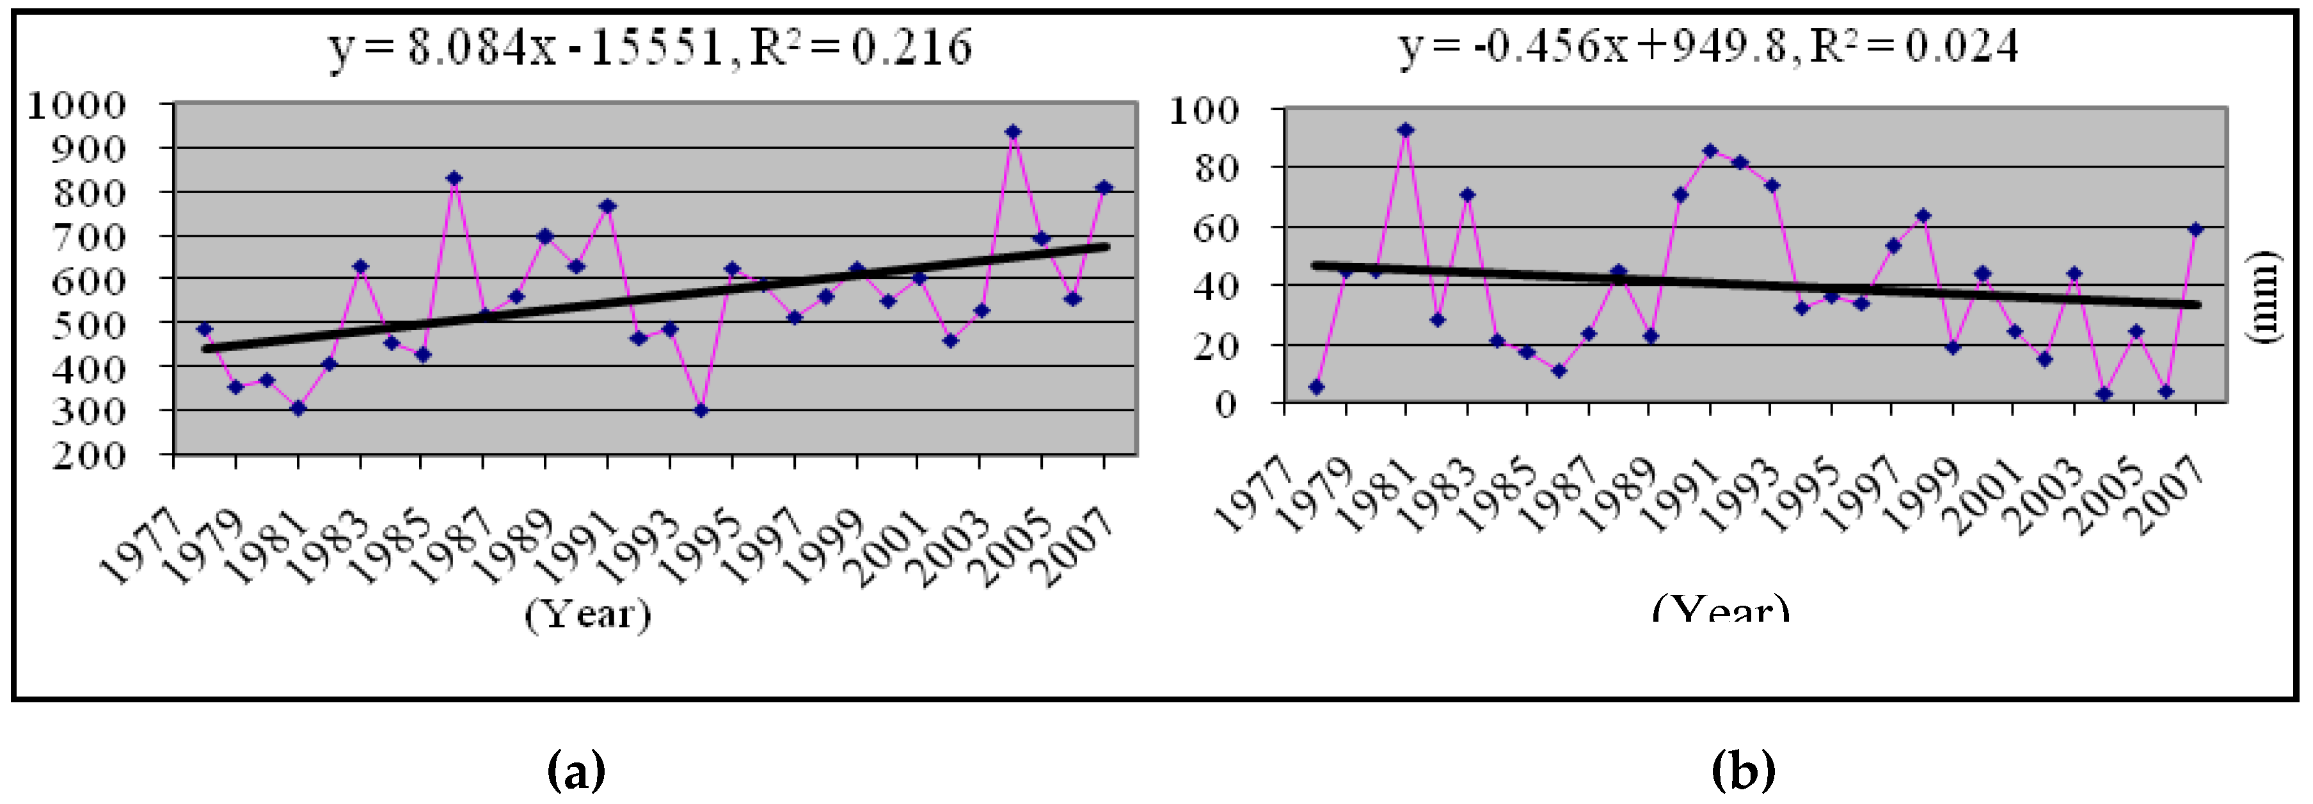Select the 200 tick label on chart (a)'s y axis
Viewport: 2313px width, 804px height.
click(90, 455)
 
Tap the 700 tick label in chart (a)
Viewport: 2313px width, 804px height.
click(90, 237)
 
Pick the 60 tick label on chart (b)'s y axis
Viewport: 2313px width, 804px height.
click(1217, 227)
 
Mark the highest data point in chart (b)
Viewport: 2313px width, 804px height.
click(1406, 130)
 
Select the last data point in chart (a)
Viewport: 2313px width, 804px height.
click(1104, 187)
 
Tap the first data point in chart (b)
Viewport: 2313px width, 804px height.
click(1316, 387)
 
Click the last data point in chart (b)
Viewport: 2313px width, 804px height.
click(2197, 230)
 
